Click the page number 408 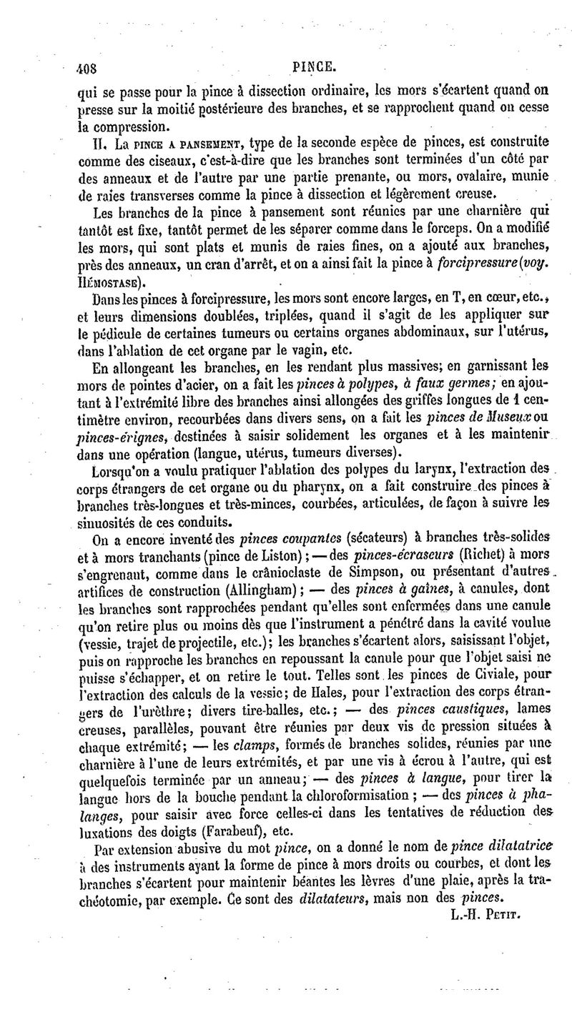point(87,68)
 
